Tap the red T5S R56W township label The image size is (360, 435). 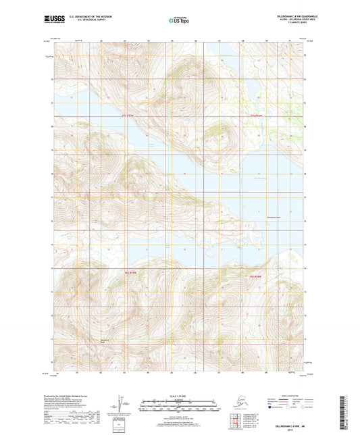click(255, 116)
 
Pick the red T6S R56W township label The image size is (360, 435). click(255, 277)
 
